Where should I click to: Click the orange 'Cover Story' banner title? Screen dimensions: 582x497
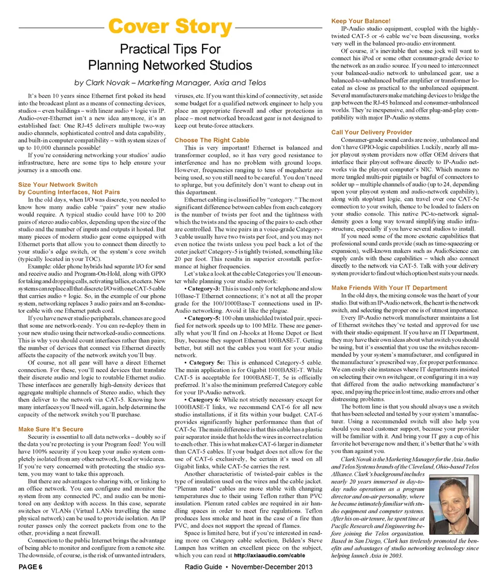[x=170, y=26]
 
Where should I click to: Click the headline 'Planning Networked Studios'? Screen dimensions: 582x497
[x=170, y=65]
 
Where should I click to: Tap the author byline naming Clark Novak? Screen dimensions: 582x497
[x=170, y=83]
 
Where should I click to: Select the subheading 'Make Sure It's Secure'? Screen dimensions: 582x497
[x=51, y=429]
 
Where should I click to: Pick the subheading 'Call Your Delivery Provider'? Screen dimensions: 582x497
[x=372, y=132]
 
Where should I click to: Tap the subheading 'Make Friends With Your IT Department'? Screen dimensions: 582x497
[x=389, y=287]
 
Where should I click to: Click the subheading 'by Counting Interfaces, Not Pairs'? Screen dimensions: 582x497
[x=69, y=192]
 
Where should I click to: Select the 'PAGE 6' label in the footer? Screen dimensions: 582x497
[x=31, y=567]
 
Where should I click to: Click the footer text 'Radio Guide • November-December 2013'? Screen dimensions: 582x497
[x=248, y=567]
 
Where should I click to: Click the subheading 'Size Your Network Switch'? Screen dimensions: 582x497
[x=57, y=185]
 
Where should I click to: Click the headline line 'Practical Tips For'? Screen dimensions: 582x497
[x=170, y=49]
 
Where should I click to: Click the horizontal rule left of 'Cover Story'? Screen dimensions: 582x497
[x=60, y=27]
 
